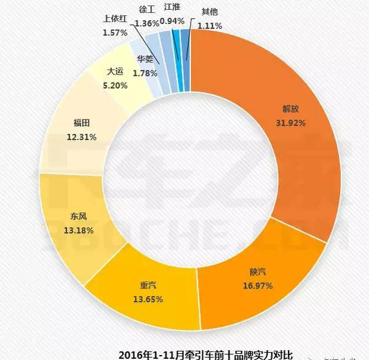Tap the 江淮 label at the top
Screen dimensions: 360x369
[x=172, y=9]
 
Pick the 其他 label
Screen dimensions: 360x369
[x=209, y=12]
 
